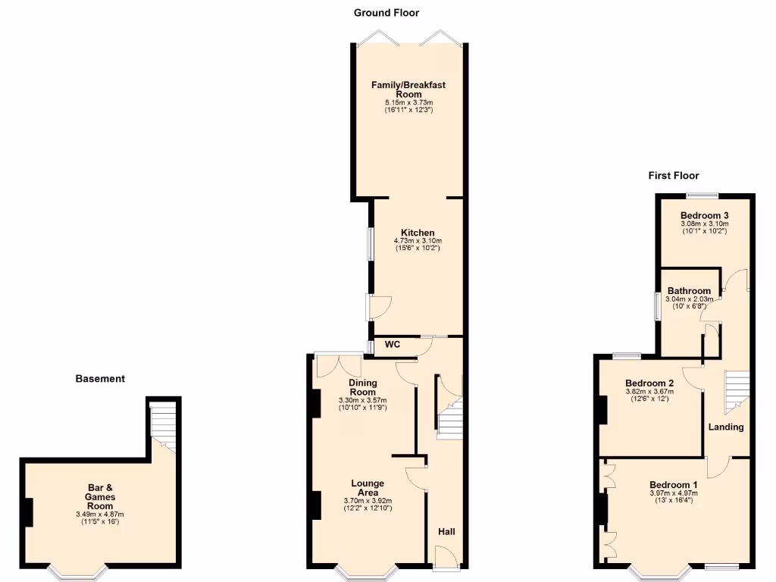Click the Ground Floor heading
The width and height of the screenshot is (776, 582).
(x=386, y=13)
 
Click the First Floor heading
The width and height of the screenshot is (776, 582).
(x=673, y=175)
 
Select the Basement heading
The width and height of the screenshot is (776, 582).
(x=100, y=378)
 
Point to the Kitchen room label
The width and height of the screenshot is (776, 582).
(x=418, y=233)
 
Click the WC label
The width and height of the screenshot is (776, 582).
(x=393, y=345)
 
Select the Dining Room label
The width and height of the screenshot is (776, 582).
(x=362, y=387)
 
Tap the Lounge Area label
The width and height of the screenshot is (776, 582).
(x=368, y=488)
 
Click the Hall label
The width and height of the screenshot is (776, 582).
(x=446, y=532)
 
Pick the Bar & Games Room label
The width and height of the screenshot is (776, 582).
(x=99, y=496)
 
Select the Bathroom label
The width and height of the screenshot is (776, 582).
(x=689, y=291)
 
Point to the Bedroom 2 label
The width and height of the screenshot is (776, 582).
(x=649, y=383)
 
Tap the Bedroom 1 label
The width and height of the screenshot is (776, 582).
(x=673, y=485)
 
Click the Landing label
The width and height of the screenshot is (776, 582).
(x=726, y=427)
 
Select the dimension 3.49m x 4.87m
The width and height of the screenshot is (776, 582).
(x=99, y=515)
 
